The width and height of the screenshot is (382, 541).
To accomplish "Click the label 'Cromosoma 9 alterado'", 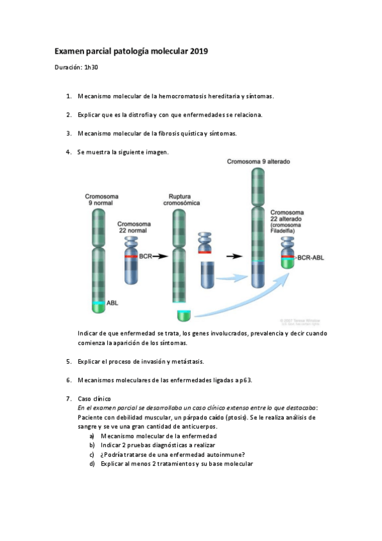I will [258, 162].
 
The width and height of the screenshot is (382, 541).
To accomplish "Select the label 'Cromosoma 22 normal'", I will [134, 228].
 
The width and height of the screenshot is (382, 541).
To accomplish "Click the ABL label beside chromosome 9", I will [112, 304].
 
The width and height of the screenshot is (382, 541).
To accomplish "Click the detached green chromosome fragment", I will [184, 315].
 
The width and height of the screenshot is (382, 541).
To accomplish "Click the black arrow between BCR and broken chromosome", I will [160, 256].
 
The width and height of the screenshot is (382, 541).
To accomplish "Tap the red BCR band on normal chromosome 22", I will [131, 256].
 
